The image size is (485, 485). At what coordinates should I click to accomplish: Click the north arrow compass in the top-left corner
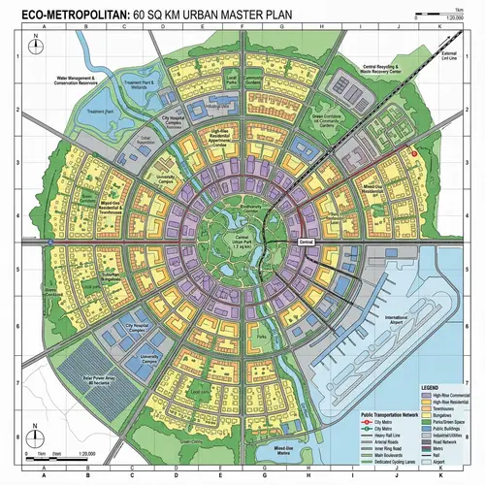coord(36,43)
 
